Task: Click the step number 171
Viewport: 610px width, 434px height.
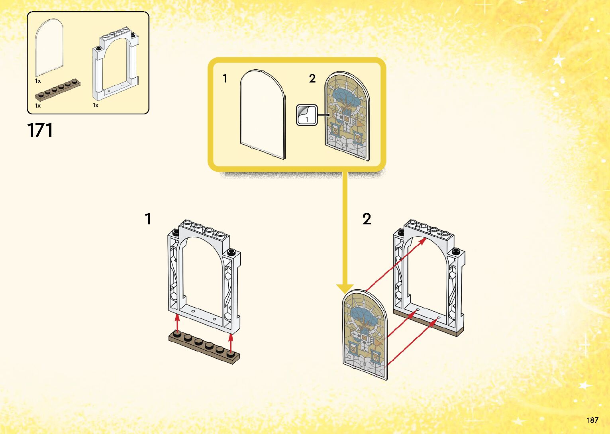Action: (x=40, y=130)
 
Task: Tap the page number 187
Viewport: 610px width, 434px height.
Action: (x=592, y=420)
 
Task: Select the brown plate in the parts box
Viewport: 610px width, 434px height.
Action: (x=57, y=90)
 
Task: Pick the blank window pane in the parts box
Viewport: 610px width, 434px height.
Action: (x=49, y=47)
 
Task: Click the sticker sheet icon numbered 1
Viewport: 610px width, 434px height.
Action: (x=306, y=115)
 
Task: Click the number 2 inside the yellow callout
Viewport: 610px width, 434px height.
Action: (x=312, y=79)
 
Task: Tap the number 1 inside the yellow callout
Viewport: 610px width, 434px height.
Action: (x=225, y=79)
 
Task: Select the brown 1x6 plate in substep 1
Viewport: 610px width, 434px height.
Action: (x=204, y=348)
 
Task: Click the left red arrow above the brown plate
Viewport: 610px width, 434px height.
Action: (x=178, y=322)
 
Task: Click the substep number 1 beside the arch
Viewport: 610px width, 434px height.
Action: (x=148, y=219)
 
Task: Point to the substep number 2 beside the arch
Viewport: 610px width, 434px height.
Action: (x=367, y=219)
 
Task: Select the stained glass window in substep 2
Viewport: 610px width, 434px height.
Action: (x=365, y=335)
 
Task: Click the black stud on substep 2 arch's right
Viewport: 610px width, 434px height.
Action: (x=456, y=251)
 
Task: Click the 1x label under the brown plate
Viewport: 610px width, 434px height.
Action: (x=38, y=106)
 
